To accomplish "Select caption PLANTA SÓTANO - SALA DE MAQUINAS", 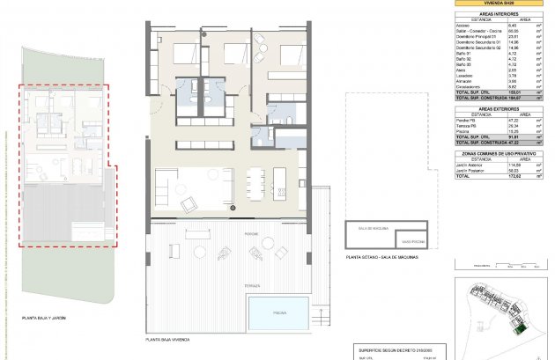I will point(381,256).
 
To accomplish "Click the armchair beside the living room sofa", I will point(189,205).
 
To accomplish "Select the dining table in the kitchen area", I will point(255,183).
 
